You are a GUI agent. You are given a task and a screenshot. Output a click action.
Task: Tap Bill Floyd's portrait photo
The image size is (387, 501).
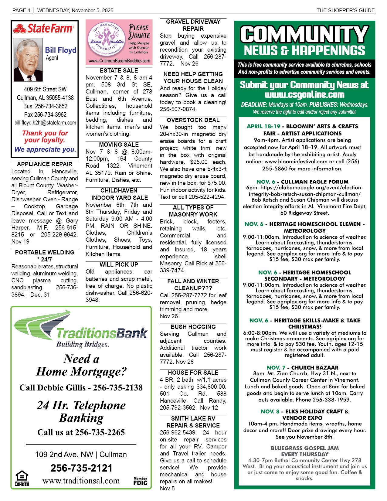point(28,60)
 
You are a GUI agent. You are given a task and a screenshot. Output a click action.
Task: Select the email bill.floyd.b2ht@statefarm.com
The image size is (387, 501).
point(45,123)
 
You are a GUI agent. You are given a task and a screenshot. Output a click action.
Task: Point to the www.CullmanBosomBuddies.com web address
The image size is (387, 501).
point(119,61)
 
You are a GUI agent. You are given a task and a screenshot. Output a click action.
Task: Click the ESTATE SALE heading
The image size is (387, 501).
point(119,70)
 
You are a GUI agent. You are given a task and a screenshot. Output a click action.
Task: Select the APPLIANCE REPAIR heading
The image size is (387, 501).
point(45,164)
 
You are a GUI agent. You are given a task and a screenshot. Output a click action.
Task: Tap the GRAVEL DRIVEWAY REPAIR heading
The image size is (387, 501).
point(193,25)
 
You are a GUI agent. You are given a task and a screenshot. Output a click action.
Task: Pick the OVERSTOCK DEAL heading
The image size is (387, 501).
point(193,120)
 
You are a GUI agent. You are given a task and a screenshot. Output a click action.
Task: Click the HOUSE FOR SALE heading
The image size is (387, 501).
point(193,373)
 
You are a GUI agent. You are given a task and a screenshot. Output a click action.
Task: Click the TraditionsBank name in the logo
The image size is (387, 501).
point(102,333)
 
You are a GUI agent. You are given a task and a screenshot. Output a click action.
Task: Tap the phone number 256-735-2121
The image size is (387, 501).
point(81,468)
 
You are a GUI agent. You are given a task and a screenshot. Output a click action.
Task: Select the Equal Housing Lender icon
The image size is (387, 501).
point(22,478)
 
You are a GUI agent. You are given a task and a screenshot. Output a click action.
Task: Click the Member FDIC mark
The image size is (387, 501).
point(140,481)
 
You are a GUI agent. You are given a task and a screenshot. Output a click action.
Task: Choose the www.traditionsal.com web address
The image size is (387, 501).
point(81,481)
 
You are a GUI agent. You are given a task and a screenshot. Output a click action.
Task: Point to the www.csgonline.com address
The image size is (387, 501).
point(304,94)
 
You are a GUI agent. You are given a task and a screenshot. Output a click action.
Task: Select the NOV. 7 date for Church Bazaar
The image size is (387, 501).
point(276,368)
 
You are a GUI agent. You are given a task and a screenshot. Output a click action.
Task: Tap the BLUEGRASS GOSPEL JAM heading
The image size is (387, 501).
point(304,448)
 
